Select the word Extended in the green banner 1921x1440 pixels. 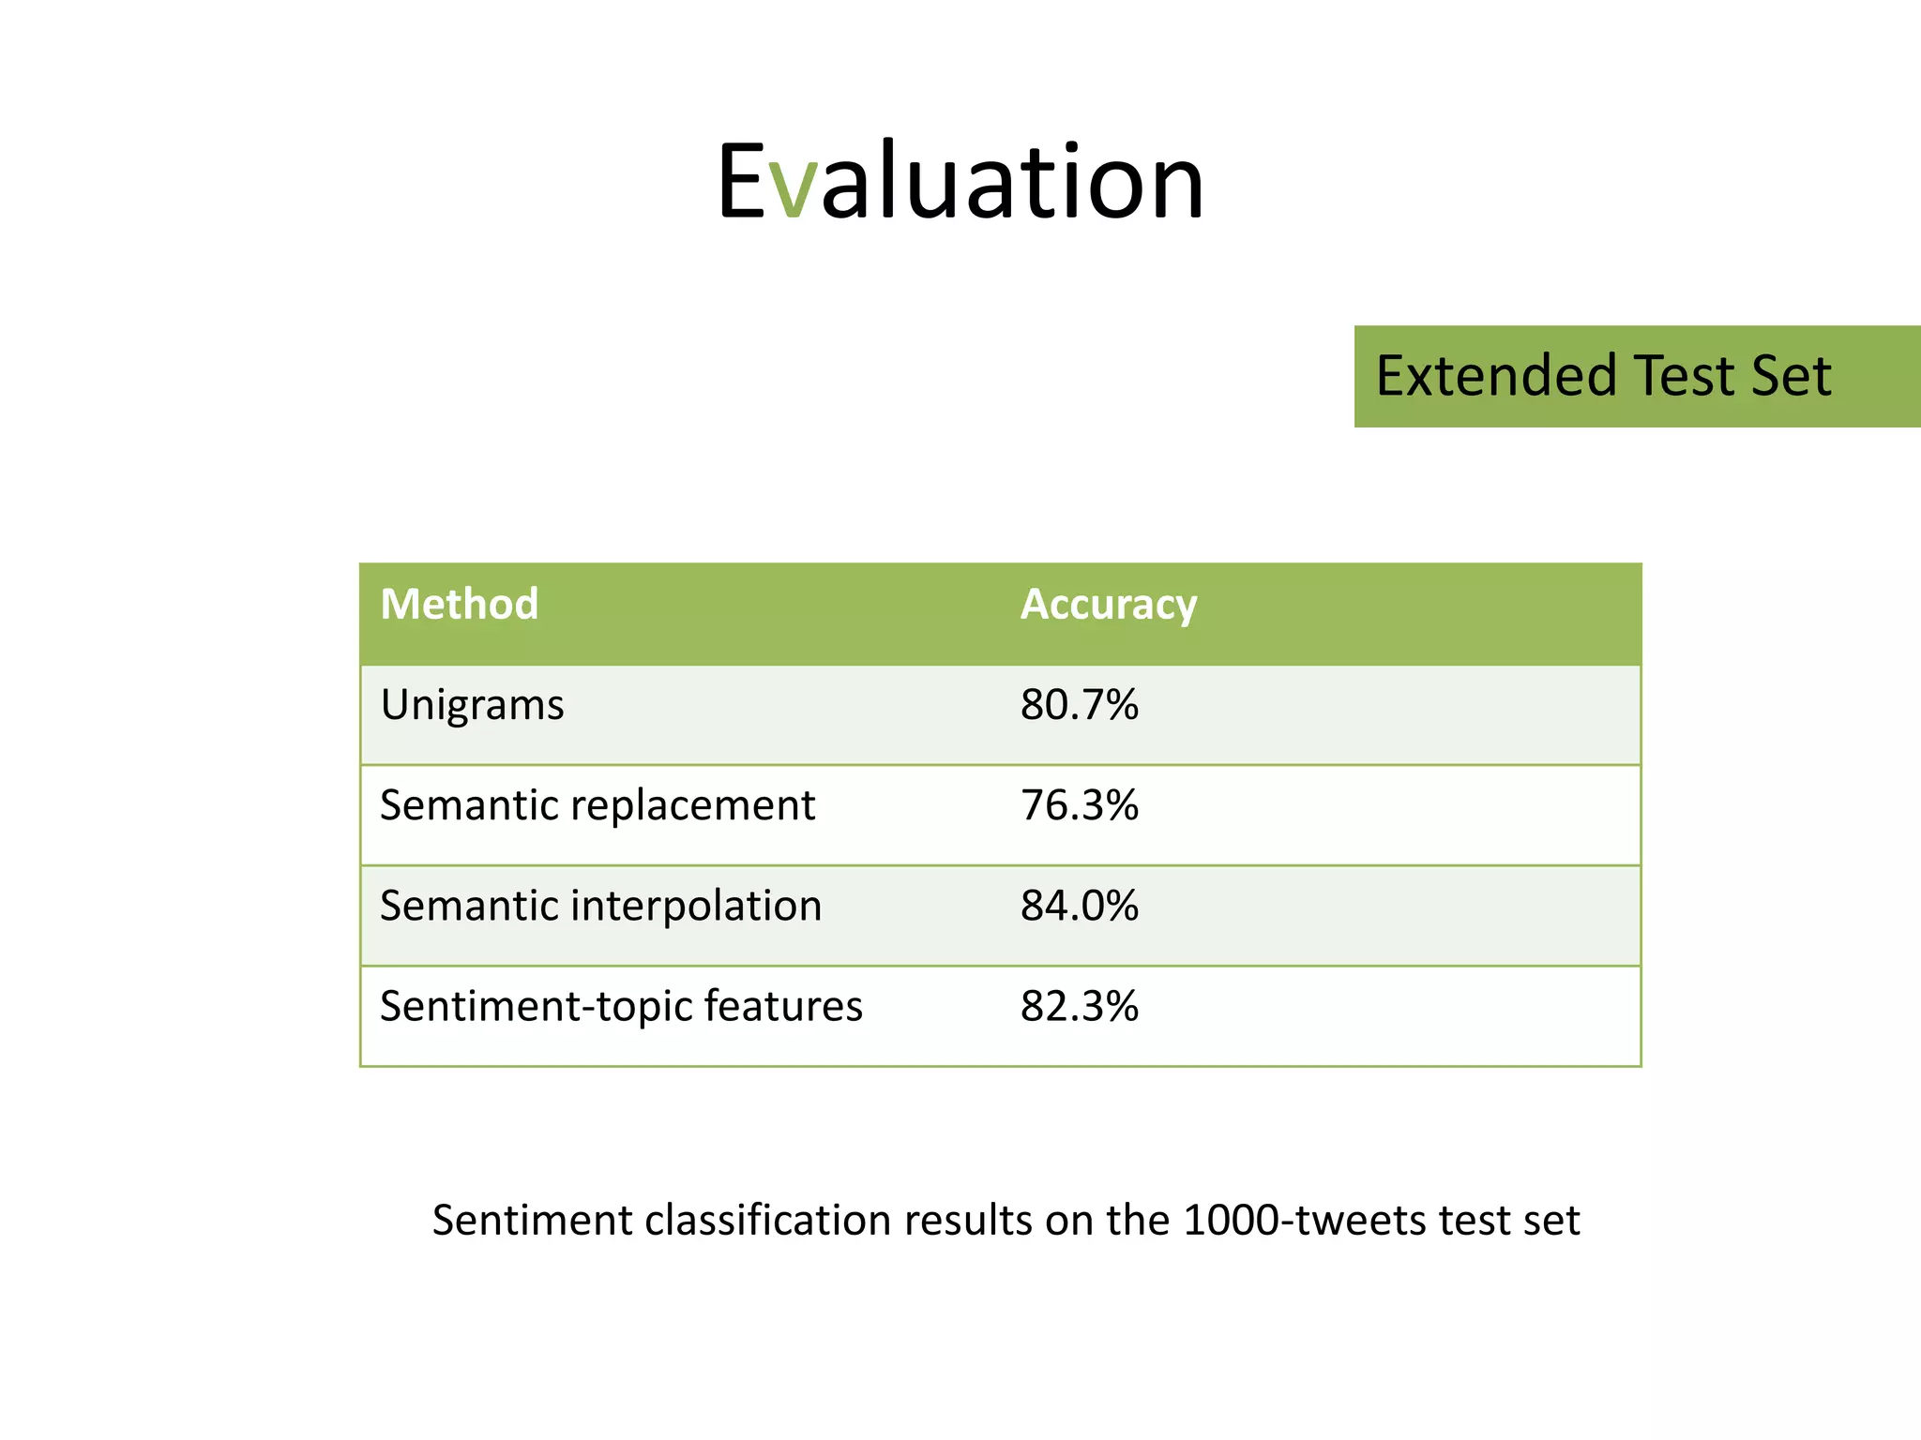tap(1496, 376)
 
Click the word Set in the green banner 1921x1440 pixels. tap(1791, 376)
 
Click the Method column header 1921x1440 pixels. tap(459, 604)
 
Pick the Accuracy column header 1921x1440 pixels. tap(1108, 605)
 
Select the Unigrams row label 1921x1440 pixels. tap(472, 705)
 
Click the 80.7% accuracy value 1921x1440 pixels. tap(1079, 705)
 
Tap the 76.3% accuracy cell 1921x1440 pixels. tap(1079, 805)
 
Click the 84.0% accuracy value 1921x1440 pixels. tap(1079, 906)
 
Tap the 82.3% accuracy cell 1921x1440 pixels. tap(1079, 1006)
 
